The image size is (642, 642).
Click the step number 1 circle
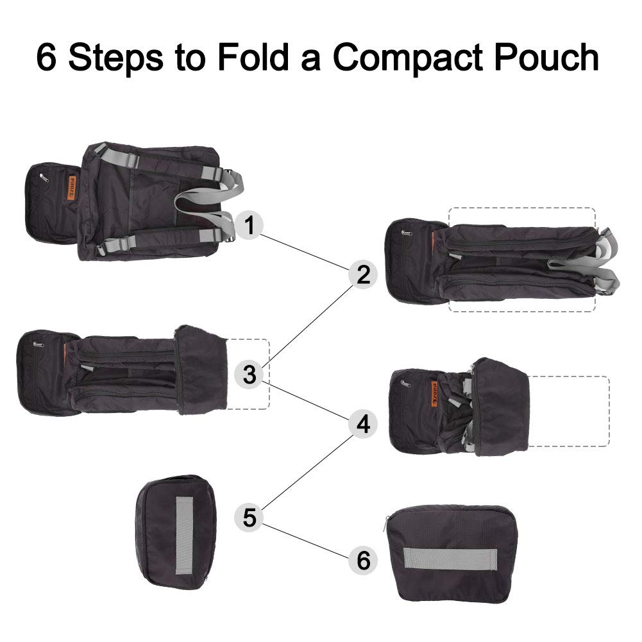tap(249, 224)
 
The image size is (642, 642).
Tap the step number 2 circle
tap(363, 275)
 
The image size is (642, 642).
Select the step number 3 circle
tap(249, 374)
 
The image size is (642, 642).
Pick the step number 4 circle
tap(363, 424)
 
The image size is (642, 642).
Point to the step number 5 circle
tap(249, 518)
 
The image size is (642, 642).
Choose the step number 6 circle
tap(363, 560)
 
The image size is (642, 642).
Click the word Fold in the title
tap(254, 57)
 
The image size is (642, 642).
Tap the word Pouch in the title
tap(547, 57)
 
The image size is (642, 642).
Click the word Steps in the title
tap(116, 58)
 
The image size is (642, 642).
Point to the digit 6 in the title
tap(46, 57)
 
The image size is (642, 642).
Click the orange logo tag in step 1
tap(72, 189)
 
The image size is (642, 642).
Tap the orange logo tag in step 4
tap(434, 394)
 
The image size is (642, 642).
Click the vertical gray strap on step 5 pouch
tap(184, 536)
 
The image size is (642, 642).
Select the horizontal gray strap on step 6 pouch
tap(450, 559)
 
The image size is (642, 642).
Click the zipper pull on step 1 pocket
tap(42, 177)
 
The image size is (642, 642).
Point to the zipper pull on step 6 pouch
tap(386, 523)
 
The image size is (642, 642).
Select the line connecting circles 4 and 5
tap(307, 472)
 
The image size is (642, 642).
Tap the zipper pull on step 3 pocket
tap(38, 344)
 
